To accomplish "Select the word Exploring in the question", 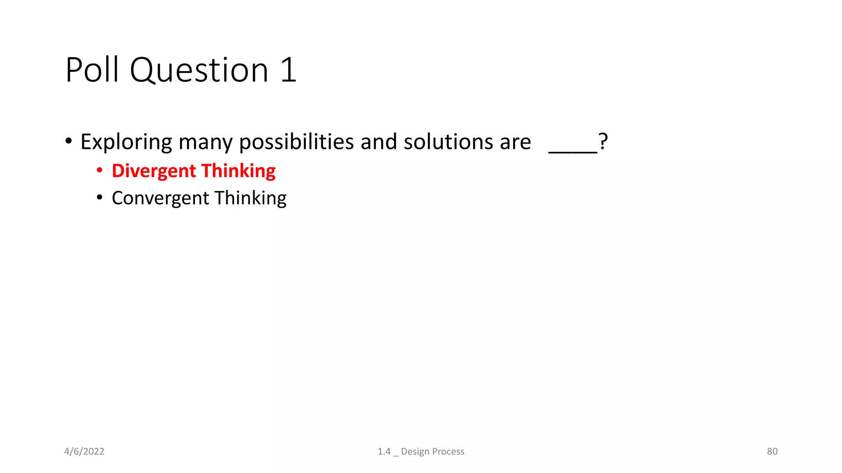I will [126, 142].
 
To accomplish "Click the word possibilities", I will [296, 142].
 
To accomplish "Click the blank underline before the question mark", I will [573, 151].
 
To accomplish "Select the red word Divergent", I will [154, 171].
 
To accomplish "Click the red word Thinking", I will [238, 171].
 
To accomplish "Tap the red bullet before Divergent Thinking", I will [99, 170].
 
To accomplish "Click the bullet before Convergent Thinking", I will [99, 197].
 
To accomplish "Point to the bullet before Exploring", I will [69, 141].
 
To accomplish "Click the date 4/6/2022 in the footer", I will [84, 452].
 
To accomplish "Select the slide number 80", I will [772, 452].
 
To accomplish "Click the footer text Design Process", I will [433, 452].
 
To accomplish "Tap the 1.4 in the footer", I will [384, 452].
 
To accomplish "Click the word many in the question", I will [206, 142].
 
